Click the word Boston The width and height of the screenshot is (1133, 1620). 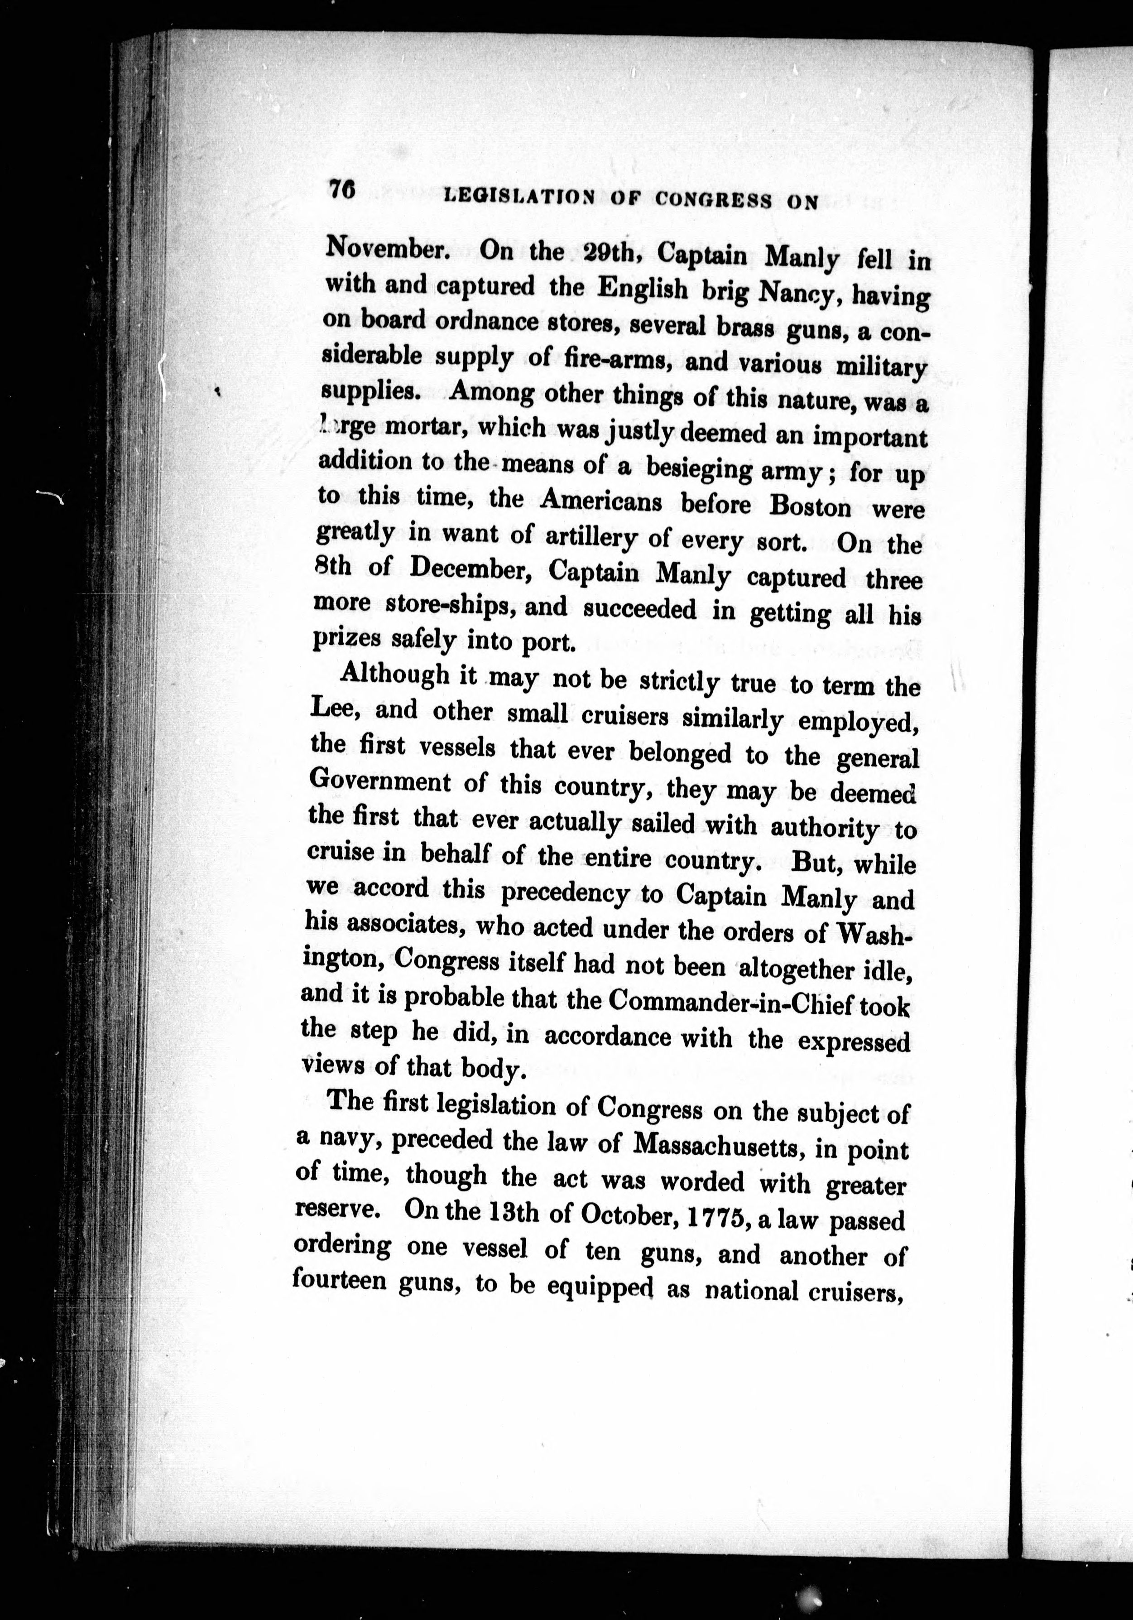point(811,506)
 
